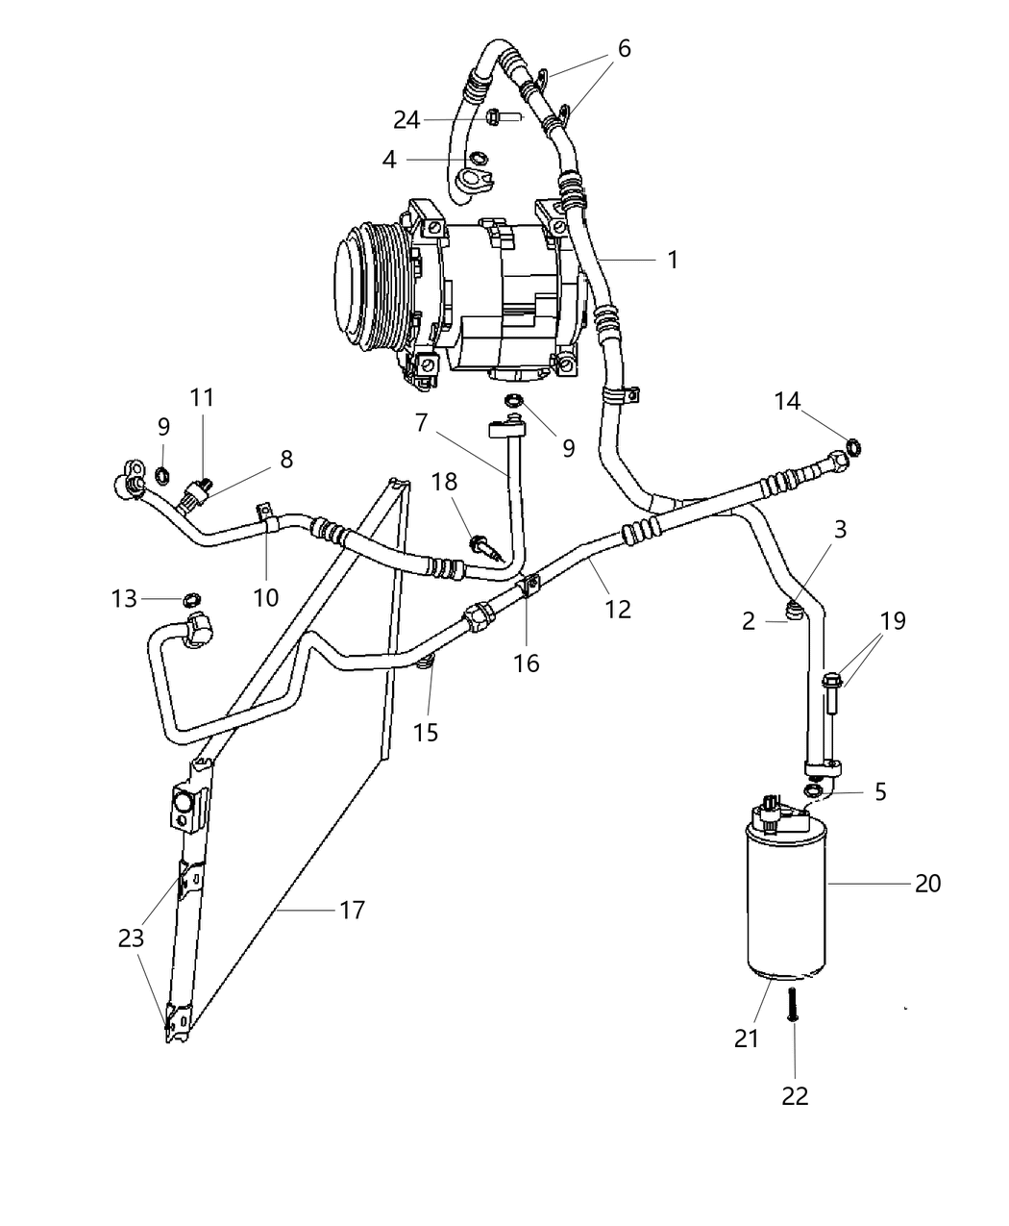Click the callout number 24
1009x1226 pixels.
click(406, 120)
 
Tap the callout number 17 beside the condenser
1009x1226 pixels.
click(353, 909)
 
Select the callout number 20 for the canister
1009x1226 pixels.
click(927, 882)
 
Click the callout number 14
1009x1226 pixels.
click(787, 401)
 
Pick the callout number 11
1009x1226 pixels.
click(202, 397)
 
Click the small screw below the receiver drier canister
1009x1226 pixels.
click(794, 1005)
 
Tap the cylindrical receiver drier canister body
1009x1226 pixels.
click(786, 904)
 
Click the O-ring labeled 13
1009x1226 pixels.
click(191, 599)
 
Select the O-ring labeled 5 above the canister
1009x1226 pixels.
click(812, 789)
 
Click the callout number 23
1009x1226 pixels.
click(131, 938)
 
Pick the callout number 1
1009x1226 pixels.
click(673, 260)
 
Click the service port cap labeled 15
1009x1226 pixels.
click(429, 661)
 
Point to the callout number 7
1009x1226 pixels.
click(421, 421)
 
